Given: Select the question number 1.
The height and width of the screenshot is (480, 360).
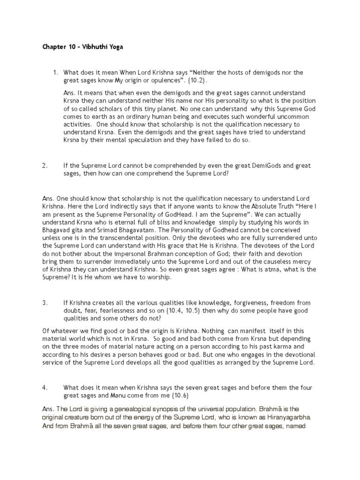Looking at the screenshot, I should tap(55, 73).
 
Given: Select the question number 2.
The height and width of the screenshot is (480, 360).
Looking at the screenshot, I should tap(45, 166).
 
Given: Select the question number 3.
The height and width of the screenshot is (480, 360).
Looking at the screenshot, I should tap(45, 303).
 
